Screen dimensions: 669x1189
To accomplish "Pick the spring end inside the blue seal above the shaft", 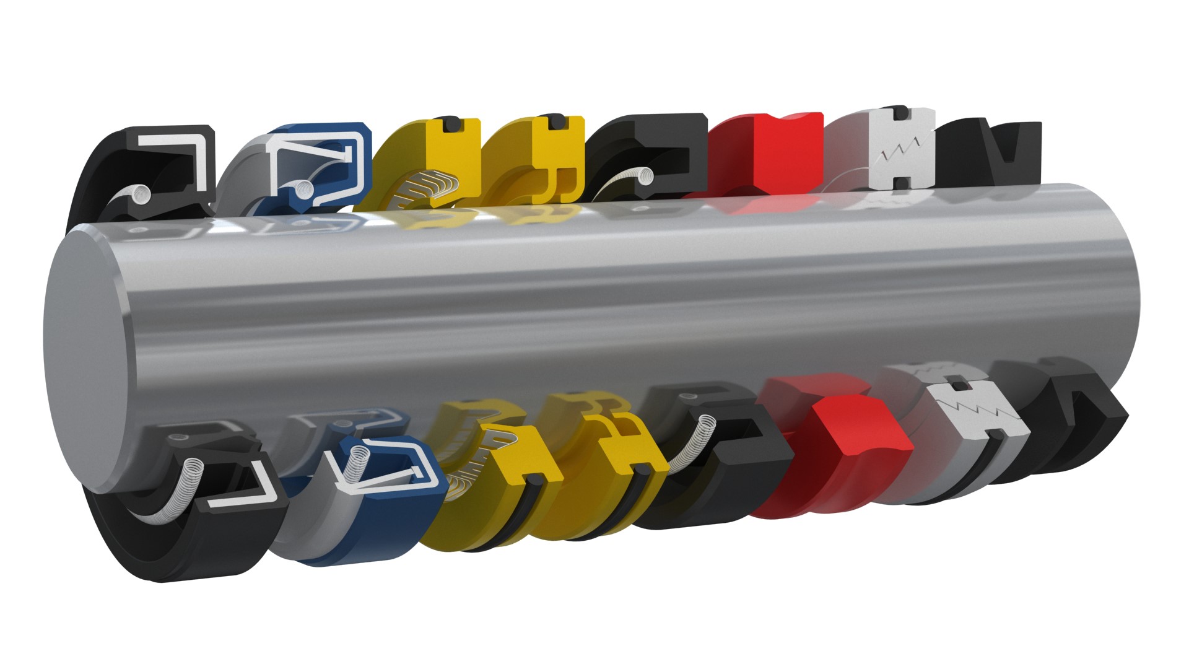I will click(x=302, y=186).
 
